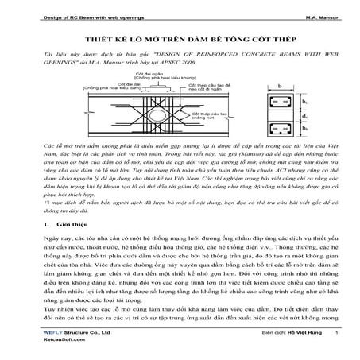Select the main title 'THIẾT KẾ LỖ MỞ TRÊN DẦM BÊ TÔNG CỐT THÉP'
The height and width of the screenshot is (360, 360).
point(180,37)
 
